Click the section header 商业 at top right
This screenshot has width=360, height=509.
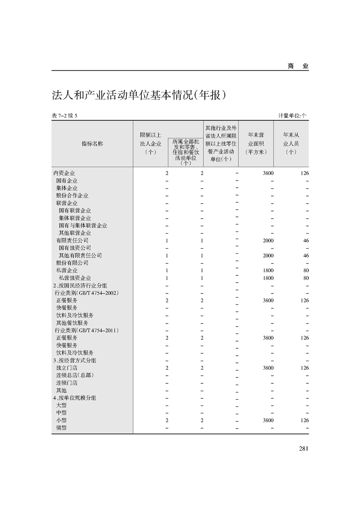pyautogui.click(x=298, y=66)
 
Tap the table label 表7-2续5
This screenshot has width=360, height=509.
pyautogui.click(x=65, y=116)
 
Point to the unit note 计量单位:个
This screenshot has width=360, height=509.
pyautogui.click(x=293, y=116)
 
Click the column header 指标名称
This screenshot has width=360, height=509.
pyautogui.click(x=92, y=143)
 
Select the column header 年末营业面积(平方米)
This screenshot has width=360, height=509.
pyautogui.click(x=256, y=143)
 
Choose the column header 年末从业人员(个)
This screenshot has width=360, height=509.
pyautogui.click(x=291, y=143)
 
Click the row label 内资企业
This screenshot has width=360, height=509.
pyautogui.click(x=64, y=173)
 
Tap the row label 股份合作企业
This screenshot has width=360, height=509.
pyautogui.click(x=72, y=196)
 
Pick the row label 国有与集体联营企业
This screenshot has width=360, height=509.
pyautogui.click(x=83, y=225)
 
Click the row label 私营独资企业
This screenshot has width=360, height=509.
pyautogui.click(x=75, y=278)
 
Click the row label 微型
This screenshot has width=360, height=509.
pyautogui.click(x=61, y=427)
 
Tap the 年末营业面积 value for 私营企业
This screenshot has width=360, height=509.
pyautogui.click(x=268, y=270)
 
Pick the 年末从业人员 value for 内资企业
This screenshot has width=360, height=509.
pyautogui.click(x=305, y=173)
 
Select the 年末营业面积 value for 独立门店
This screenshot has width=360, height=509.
pyautogui.click(x=268, y=368)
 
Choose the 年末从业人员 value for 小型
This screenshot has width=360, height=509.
pyautogui.click(x=305, y=420)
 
